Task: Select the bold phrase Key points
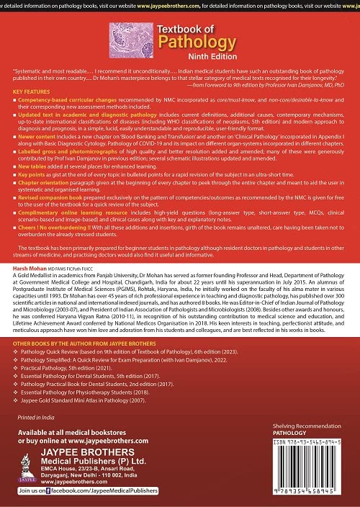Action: click(x=35, y=215)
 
